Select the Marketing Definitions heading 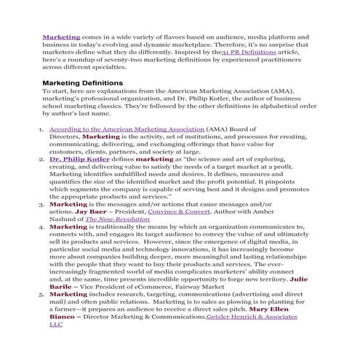click(x=82, y=83)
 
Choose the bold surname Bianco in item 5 click(x=65, y=318)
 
